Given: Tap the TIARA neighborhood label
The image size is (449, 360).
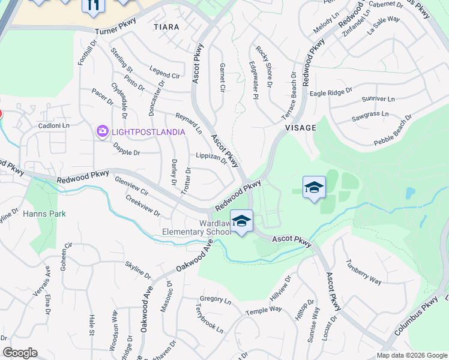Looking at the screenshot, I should [166, 27].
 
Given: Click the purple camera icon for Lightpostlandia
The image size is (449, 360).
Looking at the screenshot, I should [102, 131].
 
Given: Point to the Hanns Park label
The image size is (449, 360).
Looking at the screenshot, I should [44, 214].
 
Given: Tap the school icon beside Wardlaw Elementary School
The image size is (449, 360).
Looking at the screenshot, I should [241, 222].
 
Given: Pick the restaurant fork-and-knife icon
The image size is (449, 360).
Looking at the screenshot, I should [93, 5].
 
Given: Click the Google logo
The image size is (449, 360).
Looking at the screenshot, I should [20, 353].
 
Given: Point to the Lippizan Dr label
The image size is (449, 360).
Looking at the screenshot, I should [211, 158].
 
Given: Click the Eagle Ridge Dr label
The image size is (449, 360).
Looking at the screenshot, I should [331, 92].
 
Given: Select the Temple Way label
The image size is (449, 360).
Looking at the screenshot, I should [264, 311].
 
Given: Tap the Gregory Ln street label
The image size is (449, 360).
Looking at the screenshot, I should [215, 299].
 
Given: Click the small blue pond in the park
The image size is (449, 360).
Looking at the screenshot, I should [410, 193].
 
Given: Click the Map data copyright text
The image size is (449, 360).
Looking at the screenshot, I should [411, 355].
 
